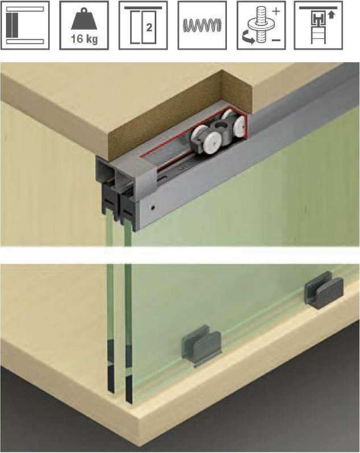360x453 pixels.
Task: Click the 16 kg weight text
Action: point(84,39)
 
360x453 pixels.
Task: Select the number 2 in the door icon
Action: point(149,27)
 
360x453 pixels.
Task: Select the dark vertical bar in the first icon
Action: point(12,25)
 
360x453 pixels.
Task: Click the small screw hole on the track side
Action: point(153,208)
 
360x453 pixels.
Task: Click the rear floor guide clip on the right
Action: point(324,291)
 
